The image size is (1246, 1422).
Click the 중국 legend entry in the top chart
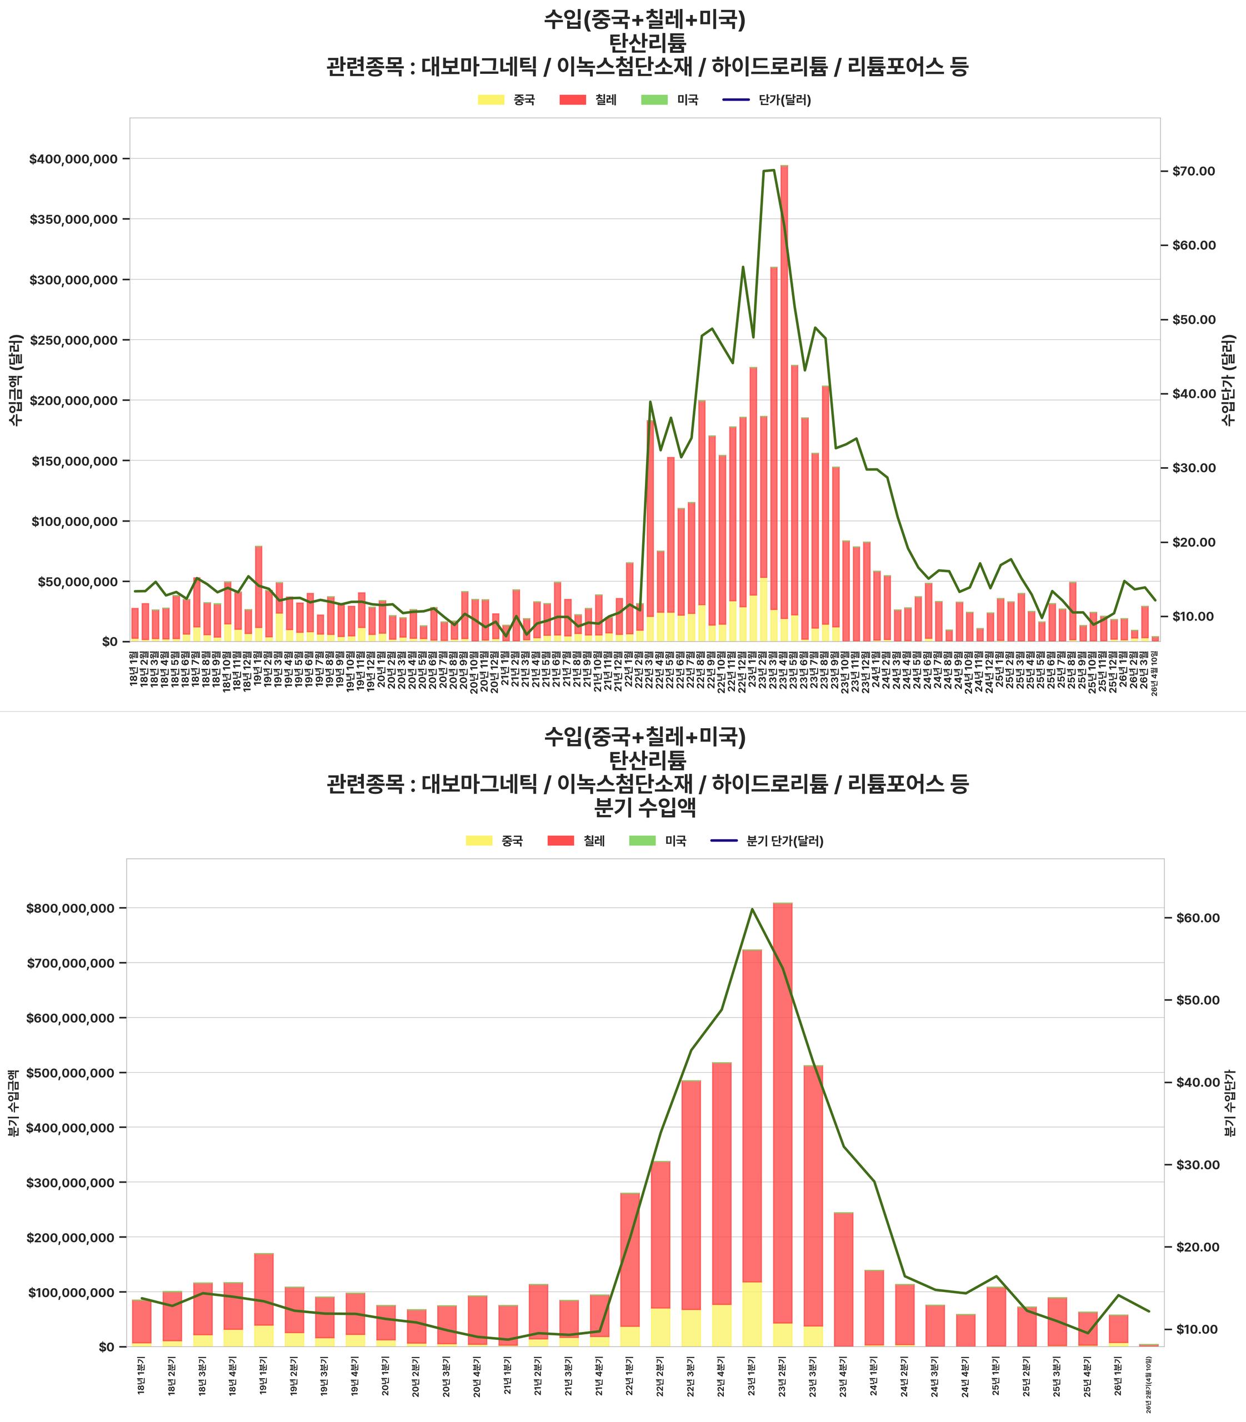click(507, 99)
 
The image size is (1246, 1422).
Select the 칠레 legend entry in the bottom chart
click(577, 840)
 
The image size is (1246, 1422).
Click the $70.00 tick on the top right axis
click(1193, 171)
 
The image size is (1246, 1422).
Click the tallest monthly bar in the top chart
click(784, 403)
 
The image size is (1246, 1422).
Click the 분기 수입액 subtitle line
click(647, 807)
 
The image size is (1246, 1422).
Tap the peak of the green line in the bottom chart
click(752, 908)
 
